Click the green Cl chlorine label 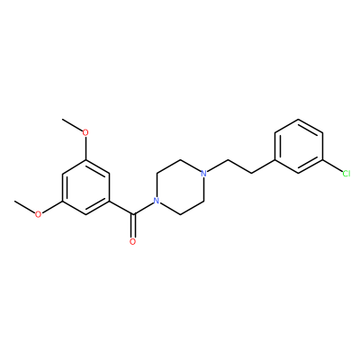click(x=346, y=174)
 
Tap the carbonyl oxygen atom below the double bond click(x=133, y=241)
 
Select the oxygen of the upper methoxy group click(x=85, y=132)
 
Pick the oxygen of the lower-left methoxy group click(x=38, y=214)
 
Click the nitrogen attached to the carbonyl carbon click(x=157, y=201)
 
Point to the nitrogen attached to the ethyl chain click(x=203, y=174)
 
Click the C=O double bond click(x=133, y=226)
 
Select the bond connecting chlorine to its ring click(x=332, y=166)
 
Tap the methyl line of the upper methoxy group click(x=72, y=125)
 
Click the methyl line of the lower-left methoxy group click(x=24, y=206)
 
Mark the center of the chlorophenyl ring click(x=299, y=146)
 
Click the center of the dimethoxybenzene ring click(x=85, y=187)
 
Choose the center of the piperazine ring click(x=180, y=187)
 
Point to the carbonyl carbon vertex click(x=133, y=214)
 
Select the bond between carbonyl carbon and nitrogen click(x=143, y=209)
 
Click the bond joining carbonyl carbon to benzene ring click(x=121, y=208)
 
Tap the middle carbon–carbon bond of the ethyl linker click(x=239, y=166)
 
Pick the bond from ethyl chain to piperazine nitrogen click(x=218, y=166)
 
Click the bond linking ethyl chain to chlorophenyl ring click(x=263, y=166)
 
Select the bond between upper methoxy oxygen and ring click(x=85, y=148)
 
